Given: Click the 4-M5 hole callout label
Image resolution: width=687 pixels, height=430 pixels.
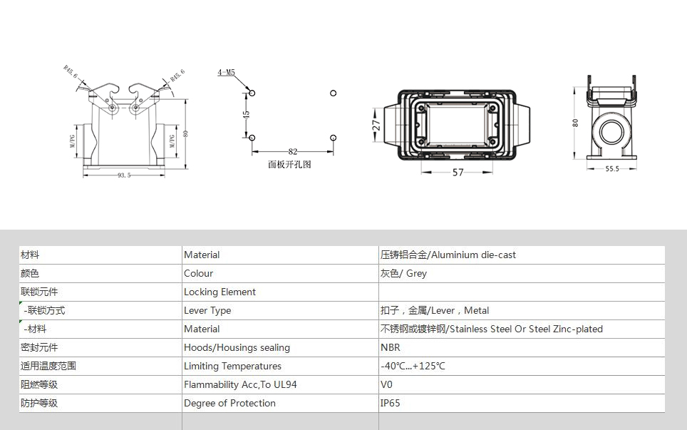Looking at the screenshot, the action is [227, 72].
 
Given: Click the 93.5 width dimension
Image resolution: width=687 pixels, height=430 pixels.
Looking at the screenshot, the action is [124, 175].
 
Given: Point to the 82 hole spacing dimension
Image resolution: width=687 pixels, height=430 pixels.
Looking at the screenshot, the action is [293, 152].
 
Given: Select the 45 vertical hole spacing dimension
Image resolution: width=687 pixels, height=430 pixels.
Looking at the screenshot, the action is [247, 115].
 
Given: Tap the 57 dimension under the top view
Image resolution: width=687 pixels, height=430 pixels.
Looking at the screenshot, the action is [458, 173].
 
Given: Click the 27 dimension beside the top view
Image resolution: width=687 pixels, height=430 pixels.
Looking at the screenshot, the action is [376, 126].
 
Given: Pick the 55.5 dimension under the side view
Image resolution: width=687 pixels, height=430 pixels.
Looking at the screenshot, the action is [612, 169].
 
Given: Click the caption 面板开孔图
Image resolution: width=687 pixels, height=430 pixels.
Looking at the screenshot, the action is [289, 165].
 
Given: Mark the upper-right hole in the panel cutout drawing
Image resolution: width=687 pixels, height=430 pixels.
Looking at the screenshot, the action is [333, 93].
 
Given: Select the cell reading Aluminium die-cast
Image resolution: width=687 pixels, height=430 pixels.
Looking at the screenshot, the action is [448, 255].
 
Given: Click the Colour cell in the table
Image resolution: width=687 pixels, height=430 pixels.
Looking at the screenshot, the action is [199, 273].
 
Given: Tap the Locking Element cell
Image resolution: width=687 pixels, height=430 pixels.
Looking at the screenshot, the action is [219, 292].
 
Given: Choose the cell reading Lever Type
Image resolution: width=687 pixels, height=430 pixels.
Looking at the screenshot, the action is [207, 310].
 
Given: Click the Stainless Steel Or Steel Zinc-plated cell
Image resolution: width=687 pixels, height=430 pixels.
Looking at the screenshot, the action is [492, 329].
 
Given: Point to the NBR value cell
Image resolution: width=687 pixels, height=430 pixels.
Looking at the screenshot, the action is [391, 347].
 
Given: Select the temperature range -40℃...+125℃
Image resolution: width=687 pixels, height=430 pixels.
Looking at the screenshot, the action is [413, 366].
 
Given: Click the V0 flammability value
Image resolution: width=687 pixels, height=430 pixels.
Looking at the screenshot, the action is [386, 384].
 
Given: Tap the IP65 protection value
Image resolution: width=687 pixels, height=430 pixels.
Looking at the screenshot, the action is [390, 403].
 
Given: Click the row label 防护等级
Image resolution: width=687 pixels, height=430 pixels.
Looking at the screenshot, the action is [39, 403].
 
